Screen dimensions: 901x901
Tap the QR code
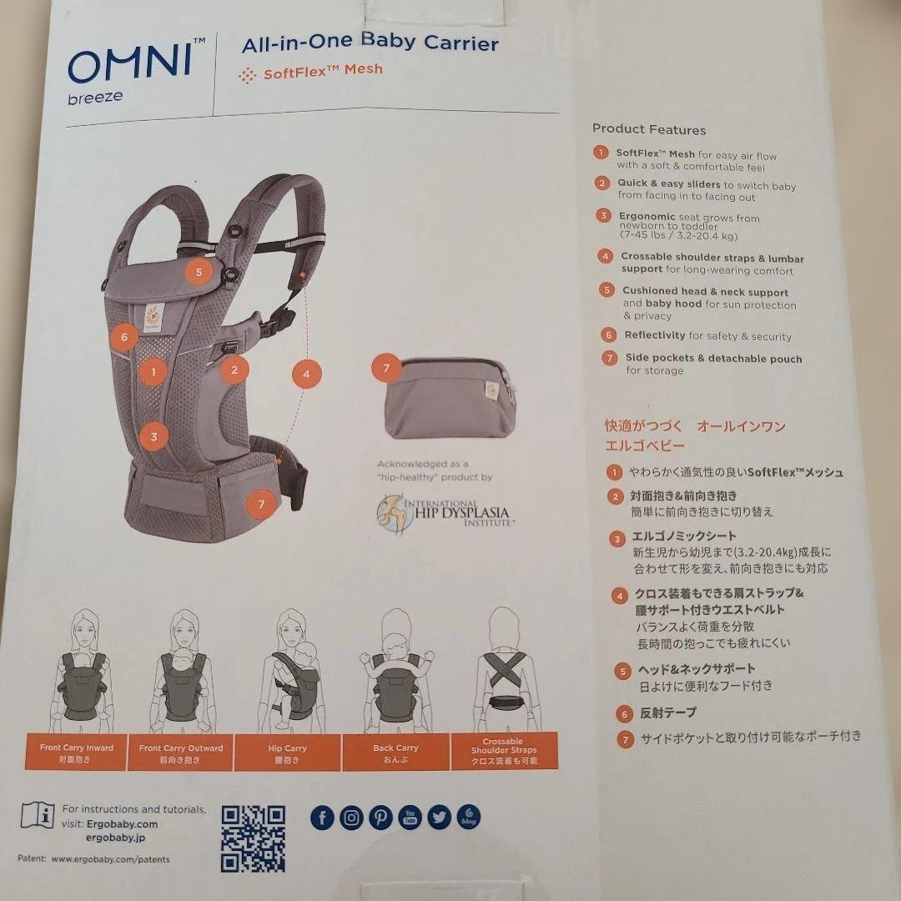253,838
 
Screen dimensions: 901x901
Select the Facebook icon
322,818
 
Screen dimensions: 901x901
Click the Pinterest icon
380,818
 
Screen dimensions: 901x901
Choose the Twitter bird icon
439,818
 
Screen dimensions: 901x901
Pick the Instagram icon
351,818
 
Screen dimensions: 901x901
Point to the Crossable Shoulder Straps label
504,751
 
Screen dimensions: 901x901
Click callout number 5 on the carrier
199,271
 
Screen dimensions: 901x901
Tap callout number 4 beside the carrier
306,374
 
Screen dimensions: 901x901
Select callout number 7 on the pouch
385,368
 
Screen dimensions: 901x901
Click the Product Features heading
649,129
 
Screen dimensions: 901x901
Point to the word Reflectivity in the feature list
655,335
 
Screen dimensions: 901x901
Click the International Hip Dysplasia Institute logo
444,511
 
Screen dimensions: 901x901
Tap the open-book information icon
38,814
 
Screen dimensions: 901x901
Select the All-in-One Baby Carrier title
370,43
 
